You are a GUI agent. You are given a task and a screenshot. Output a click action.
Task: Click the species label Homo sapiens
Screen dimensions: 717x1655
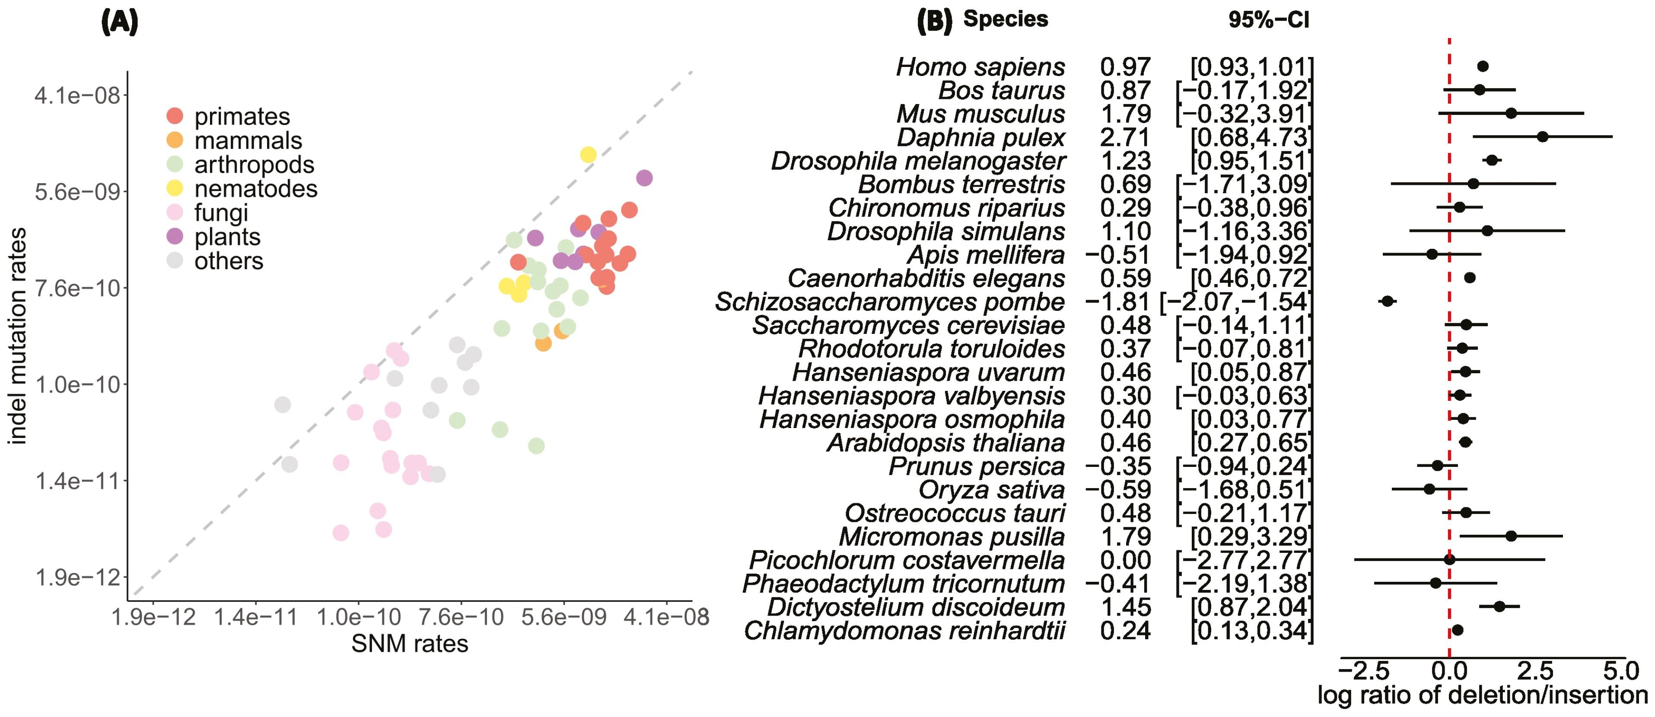coord(980,67)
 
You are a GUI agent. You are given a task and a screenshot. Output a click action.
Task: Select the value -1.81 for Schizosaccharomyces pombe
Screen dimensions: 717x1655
coord(1117,302)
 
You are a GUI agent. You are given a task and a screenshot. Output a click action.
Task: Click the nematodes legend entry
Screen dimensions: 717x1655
coord(256,189)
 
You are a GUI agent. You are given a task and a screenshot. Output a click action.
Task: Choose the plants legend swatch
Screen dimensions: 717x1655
coord(175,236)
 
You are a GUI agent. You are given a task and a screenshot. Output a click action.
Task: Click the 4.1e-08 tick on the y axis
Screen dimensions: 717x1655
coord(77,96)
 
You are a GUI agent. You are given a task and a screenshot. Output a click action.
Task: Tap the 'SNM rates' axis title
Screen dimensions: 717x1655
coord(410,644)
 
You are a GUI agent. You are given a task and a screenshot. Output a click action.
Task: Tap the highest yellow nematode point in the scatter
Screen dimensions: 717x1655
coord(588,154)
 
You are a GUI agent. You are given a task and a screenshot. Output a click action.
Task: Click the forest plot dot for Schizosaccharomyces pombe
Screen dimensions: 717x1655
coord(1387,301)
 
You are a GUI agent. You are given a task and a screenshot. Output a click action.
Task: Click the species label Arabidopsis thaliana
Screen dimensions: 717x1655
coord(946,443)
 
